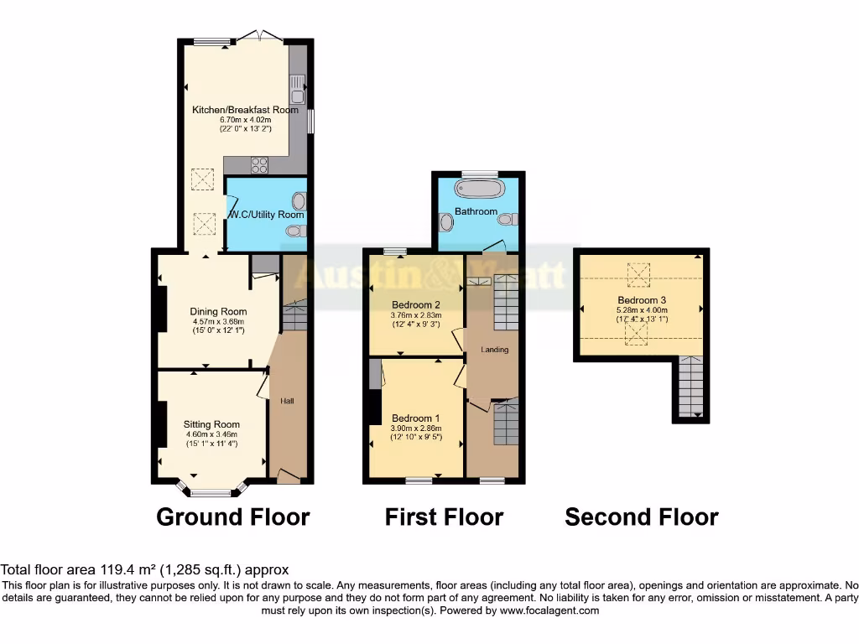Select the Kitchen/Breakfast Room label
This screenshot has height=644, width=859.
[x=245, y=110]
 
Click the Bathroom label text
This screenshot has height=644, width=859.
[x=476, y=211]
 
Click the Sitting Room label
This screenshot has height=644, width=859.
[x=211, y=424]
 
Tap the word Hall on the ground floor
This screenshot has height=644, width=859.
[x=287, y=402]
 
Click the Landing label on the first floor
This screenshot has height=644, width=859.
[x=494, y=349]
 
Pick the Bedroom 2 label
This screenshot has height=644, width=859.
[x=416, y=305]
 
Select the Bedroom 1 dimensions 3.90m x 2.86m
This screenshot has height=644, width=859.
[x=416, y=428]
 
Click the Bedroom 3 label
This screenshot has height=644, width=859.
[x=642, y=300]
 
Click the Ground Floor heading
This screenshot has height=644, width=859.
[x=232, y=517]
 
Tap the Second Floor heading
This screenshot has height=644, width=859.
[x=641, y=517]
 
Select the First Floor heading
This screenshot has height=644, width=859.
[x=444, y=517]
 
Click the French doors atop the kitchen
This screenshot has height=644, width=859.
[x=259, y=36]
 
